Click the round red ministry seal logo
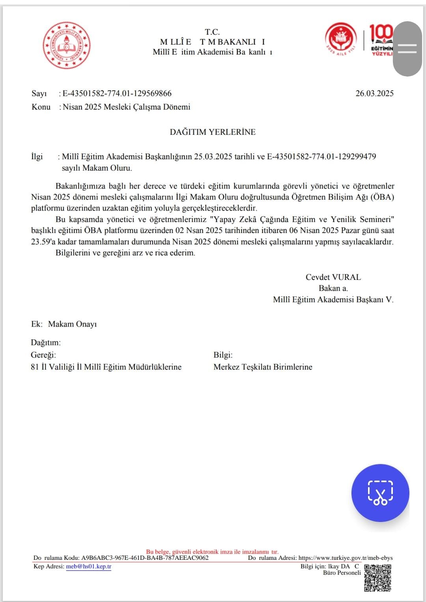point(66,45)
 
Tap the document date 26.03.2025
point(374,93)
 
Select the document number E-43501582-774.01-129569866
point(117,93)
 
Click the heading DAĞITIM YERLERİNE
point(213,132)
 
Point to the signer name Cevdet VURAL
point(333,277)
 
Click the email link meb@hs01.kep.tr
point(88,567)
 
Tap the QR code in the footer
point(377,578)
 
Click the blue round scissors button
point(380,493)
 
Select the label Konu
point(41,107)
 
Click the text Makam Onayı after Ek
point(72,324)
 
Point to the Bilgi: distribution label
point(223,355)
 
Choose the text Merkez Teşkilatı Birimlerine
point(263,367)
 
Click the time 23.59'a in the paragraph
point(43,242)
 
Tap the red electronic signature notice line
point(212,552)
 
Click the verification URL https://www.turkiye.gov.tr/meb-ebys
point(345,558)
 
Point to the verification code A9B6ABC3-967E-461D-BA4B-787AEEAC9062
point(145,558)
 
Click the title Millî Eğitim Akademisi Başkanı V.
point(333,300)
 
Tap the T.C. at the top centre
point(212,32)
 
